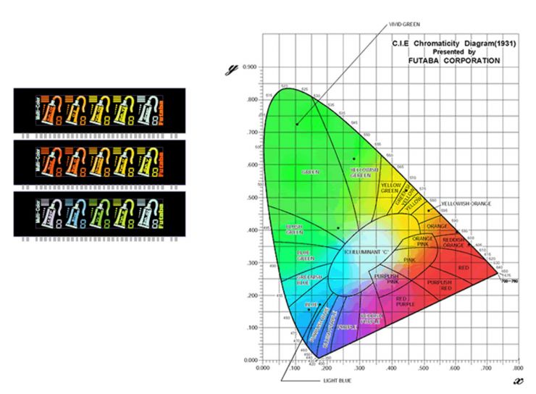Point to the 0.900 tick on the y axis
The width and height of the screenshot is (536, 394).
(x=251, y=67)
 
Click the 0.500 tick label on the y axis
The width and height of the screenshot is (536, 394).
(x=251, y=198)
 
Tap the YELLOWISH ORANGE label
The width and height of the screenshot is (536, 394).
(x=466, y=204)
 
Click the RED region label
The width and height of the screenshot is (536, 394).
(x=463, y=268)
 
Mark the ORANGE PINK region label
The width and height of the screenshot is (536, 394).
(x=422, y=240)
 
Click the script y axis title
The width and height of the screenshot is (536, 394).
(x=233, y=70)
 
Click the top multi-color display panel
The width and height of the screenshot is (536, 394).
(x=99, y=110)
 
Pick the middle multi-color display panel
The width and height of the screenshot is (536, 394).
(x=99, y=161)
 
